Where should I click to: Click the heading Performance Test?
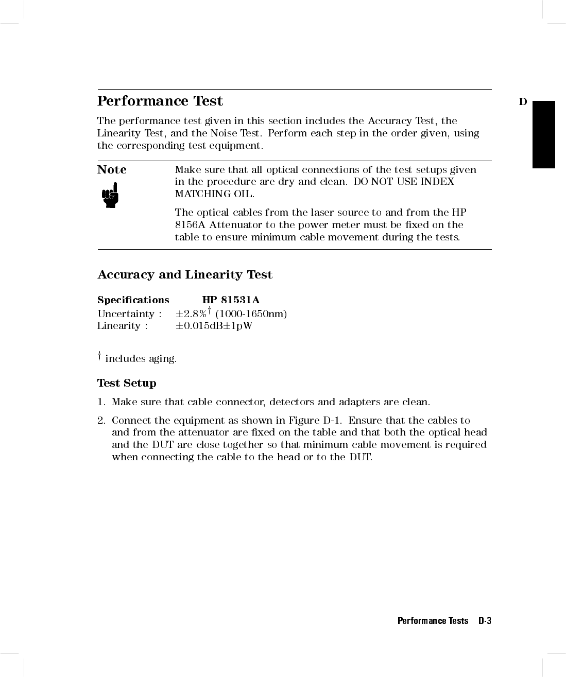point(160,101)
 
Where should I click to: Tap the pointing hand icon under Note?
point(110,195)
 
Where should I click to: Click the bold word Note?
point(112,170)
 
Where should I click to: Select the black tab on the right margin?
point(543,134)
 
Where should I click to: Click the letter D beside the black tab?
point(523,102)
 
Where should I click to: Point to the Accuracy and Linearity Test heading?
point(185,275)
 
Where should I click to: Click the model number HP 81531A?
point(231,300)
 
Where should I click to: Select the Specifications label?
point(133,300)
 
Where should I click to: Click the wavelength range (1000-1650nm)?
point(251,314)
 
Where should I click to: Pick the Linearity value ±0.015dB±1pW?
point(214,326)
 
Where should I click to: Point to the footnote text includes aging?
point(141,359)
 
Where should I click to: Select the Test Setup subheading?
point(127,383)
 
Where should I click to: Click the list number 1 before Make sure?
point(101,402)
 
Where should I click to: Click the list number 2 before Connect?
point(101,421)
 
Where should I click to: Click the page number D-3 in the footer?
point(485,621)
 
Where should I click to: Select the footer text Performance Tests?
point(433,621)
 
